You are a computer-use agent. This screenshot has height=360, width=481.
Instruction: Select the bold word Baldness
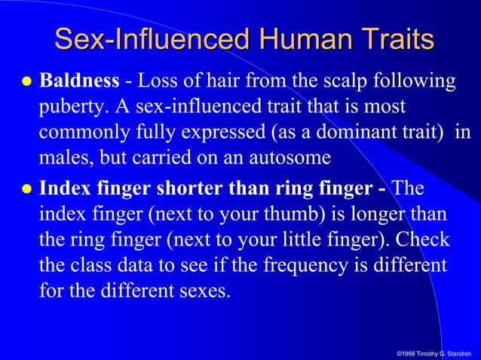[78, 80]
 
